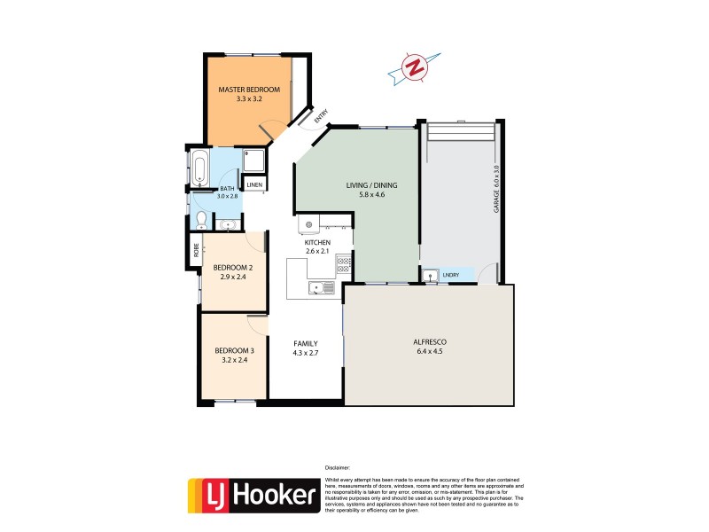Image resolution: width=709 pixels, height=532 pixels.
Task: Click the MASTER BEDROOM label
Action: [249, 90]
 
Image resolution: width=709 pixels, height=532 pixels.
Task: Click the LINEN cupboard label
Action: [254, 185]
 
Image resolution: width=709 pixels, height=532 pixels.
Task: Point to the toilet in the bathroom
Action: [201, 219]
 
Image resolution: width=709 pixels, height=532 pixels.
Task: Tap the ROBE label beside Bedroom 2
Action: [196, 250]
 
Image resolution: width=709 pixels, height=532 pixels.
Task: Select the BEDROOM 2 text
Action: [231, 266]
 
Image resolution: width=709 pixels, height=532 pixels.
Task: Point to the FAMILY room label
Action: [306, 343]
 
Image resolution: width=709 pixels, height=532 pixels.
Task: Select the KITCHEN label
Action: [317, 242]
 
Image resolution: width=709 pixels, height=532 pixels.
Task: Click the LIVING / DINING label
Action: [371, 185]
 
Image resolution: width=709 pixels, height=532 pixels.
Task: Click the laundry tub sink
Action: [430, 276]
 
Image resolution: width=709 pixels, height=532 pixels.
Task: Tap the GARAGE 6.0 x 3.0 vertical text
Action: [497, 187]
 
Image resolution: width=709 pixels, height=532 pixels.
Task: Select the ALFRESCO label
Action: [429, 341]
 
